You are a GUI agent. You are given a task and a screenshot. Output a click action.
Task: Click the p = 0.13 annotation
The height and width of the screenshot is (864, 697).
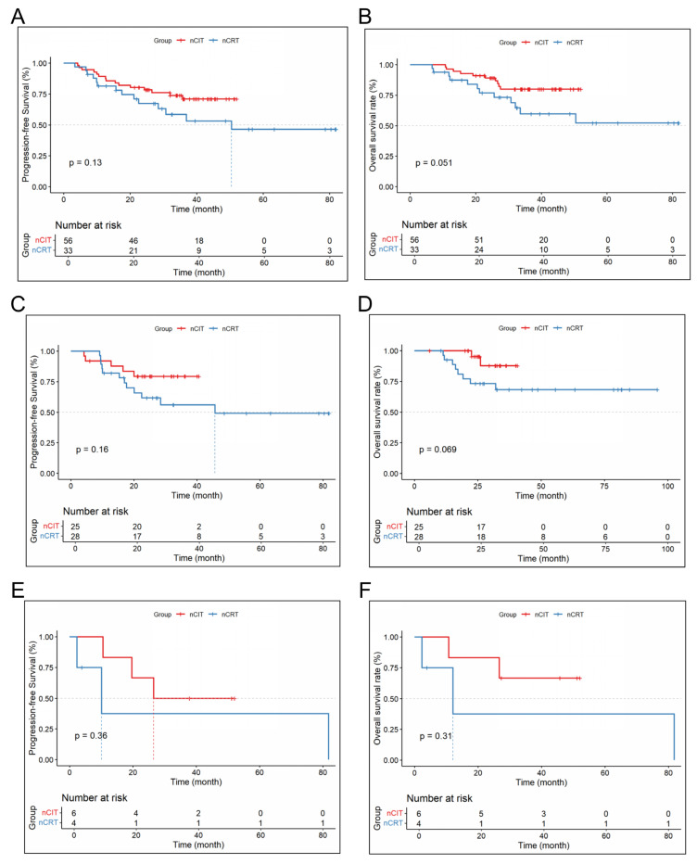pos(85,162)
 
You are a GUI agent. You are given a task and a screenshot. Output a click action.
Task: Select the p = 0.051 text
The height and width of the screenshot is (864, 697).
pos(434,163)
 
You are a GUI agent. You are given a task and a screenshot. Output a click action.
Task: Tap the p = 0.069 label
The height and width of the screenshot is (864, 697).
pos(438,450)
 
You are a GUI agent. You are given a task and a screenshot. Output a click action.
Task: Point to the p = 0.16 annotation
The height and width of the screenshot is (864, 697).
pos(92,450)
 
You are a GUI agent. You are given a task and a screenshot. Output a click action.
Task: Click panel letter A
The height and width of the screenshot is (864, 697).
pos(18,17)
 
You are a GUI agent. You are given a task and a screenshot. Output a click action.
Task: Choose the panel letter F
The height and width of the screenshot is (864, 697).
pos(364,591)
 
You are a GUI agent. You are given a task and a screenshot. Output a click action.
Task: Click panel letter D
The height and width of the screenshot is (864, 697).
pos(365,304)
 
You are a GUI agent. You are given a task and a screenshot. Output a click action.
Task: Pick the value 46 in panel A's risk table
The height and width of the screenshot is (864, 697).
pos(133,241)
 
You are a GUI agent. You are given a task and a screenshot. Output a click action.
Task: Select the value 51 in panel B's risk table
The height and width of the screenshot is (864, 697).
pos(479,240)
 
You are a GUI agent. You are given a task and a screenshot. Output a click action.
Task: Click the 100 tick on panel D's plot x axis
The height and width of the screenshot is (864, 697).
pos(667,486)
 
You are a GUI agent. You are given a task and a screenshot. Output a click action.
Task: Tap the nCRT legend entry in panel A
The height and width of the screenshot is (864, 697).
pos(225,40)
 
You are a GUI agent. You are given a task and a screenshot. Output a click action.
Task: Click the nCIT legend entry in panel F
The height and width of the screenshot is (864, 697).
pos(535,615)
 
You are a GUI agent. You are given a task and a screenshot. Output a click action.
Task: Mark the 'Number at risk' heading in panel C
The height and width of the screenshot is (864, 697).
pos(95,512)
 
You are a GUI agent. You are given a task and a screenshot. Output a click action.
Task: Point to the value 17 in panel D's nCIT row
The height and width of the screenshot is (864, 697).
pos(481,527)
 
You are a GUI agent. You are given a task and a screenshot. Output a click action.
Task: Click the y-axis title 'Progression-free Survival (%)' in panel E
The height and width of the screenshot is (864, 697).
pos(33,697)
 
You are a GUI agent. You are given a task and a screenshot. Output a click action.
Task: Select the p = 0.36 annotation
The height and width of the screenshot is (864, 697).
pos(91,736)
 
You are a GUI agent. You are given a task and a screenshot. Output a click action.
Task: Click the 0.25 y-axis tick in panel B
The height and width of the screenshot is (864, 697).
pos(387,157)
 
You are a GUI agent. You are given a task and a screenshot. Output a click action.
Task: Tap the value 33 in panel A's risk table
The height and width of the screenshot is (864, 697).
pos(68,250)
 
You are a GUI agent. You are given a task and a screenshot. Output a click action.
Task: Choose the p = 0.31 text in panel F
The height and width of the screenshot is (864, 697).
pos(436,736)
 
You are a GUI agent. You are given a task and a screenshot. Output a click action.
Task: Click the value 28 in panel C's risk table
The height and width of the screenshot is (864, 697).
pos(75,536)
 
